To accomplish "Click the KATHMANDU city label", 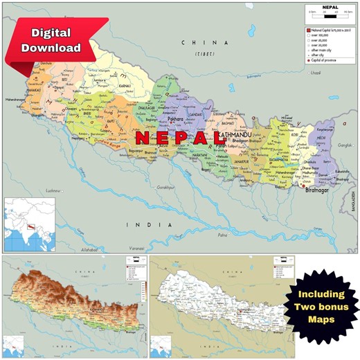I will coord(238,134).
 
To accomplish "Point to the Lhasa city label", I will coord(316,73).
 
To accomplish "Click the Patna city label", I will coord(222,235).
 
